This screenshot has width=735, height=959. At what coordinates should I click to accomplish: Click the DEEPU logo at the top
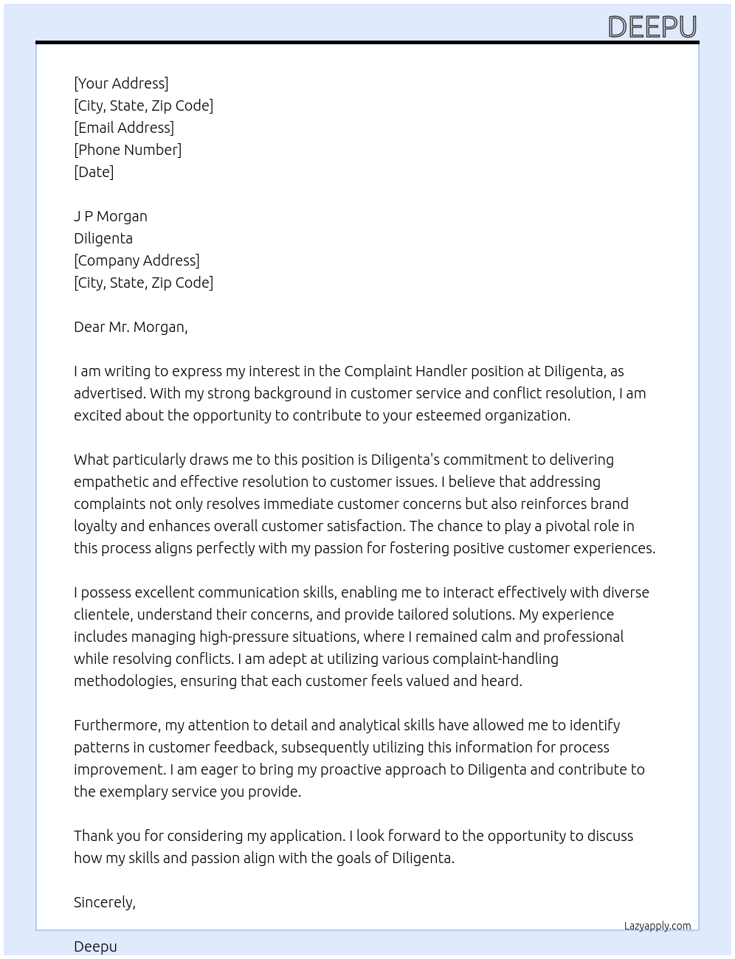(x=652, y=27)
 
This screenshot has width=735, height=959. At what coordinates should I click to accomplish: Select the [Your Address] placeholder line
(x=121, y=83)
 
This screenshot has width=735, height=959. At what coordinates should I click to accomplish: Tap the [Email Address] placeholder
(x=124, y=128)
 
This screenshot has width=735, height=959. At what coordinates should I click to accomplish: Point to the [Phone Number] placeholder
(x=128, y=150)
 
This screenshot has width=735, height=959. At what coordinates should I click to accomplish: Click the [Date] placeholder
(x=94, y=172)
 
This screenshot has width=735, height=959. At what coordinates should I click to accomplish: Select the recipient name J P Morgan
(x=111, y=216)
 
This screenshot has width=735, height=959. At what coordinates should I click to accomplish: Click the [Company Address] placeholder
(x=137, y=260)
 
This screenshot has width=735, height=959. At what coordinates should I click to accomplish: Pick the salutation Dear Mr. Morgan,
(x=131, y=327)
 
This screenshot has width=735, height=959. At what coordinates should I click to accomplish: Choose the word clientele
(x=101, y=614)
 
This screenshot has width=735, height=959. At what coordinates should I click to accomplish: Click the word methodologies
(x=124, y=681)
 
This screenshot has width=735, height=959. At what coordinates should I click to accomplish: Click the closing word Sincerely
(x=103, y=902)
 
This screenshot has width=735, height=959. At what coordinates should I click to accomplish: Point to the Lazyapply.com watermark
(x=658, y=926)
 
